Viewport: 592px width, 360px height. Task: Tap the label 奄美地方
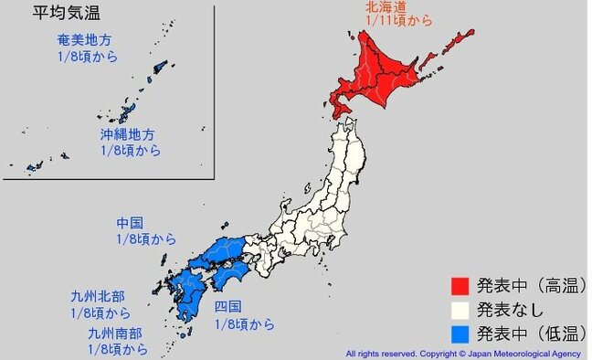pyautogui.click(x=85, y=41)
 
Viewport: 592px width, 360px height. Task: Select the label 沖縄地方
pyautogui.click(x=131, y=134)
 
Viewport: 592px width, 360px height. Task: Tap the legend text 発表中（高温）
pyautogui.click(x=534, y=287)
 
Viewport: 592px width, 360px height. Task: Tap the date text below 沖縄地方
pyautogui.click(x=131, y=150)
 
